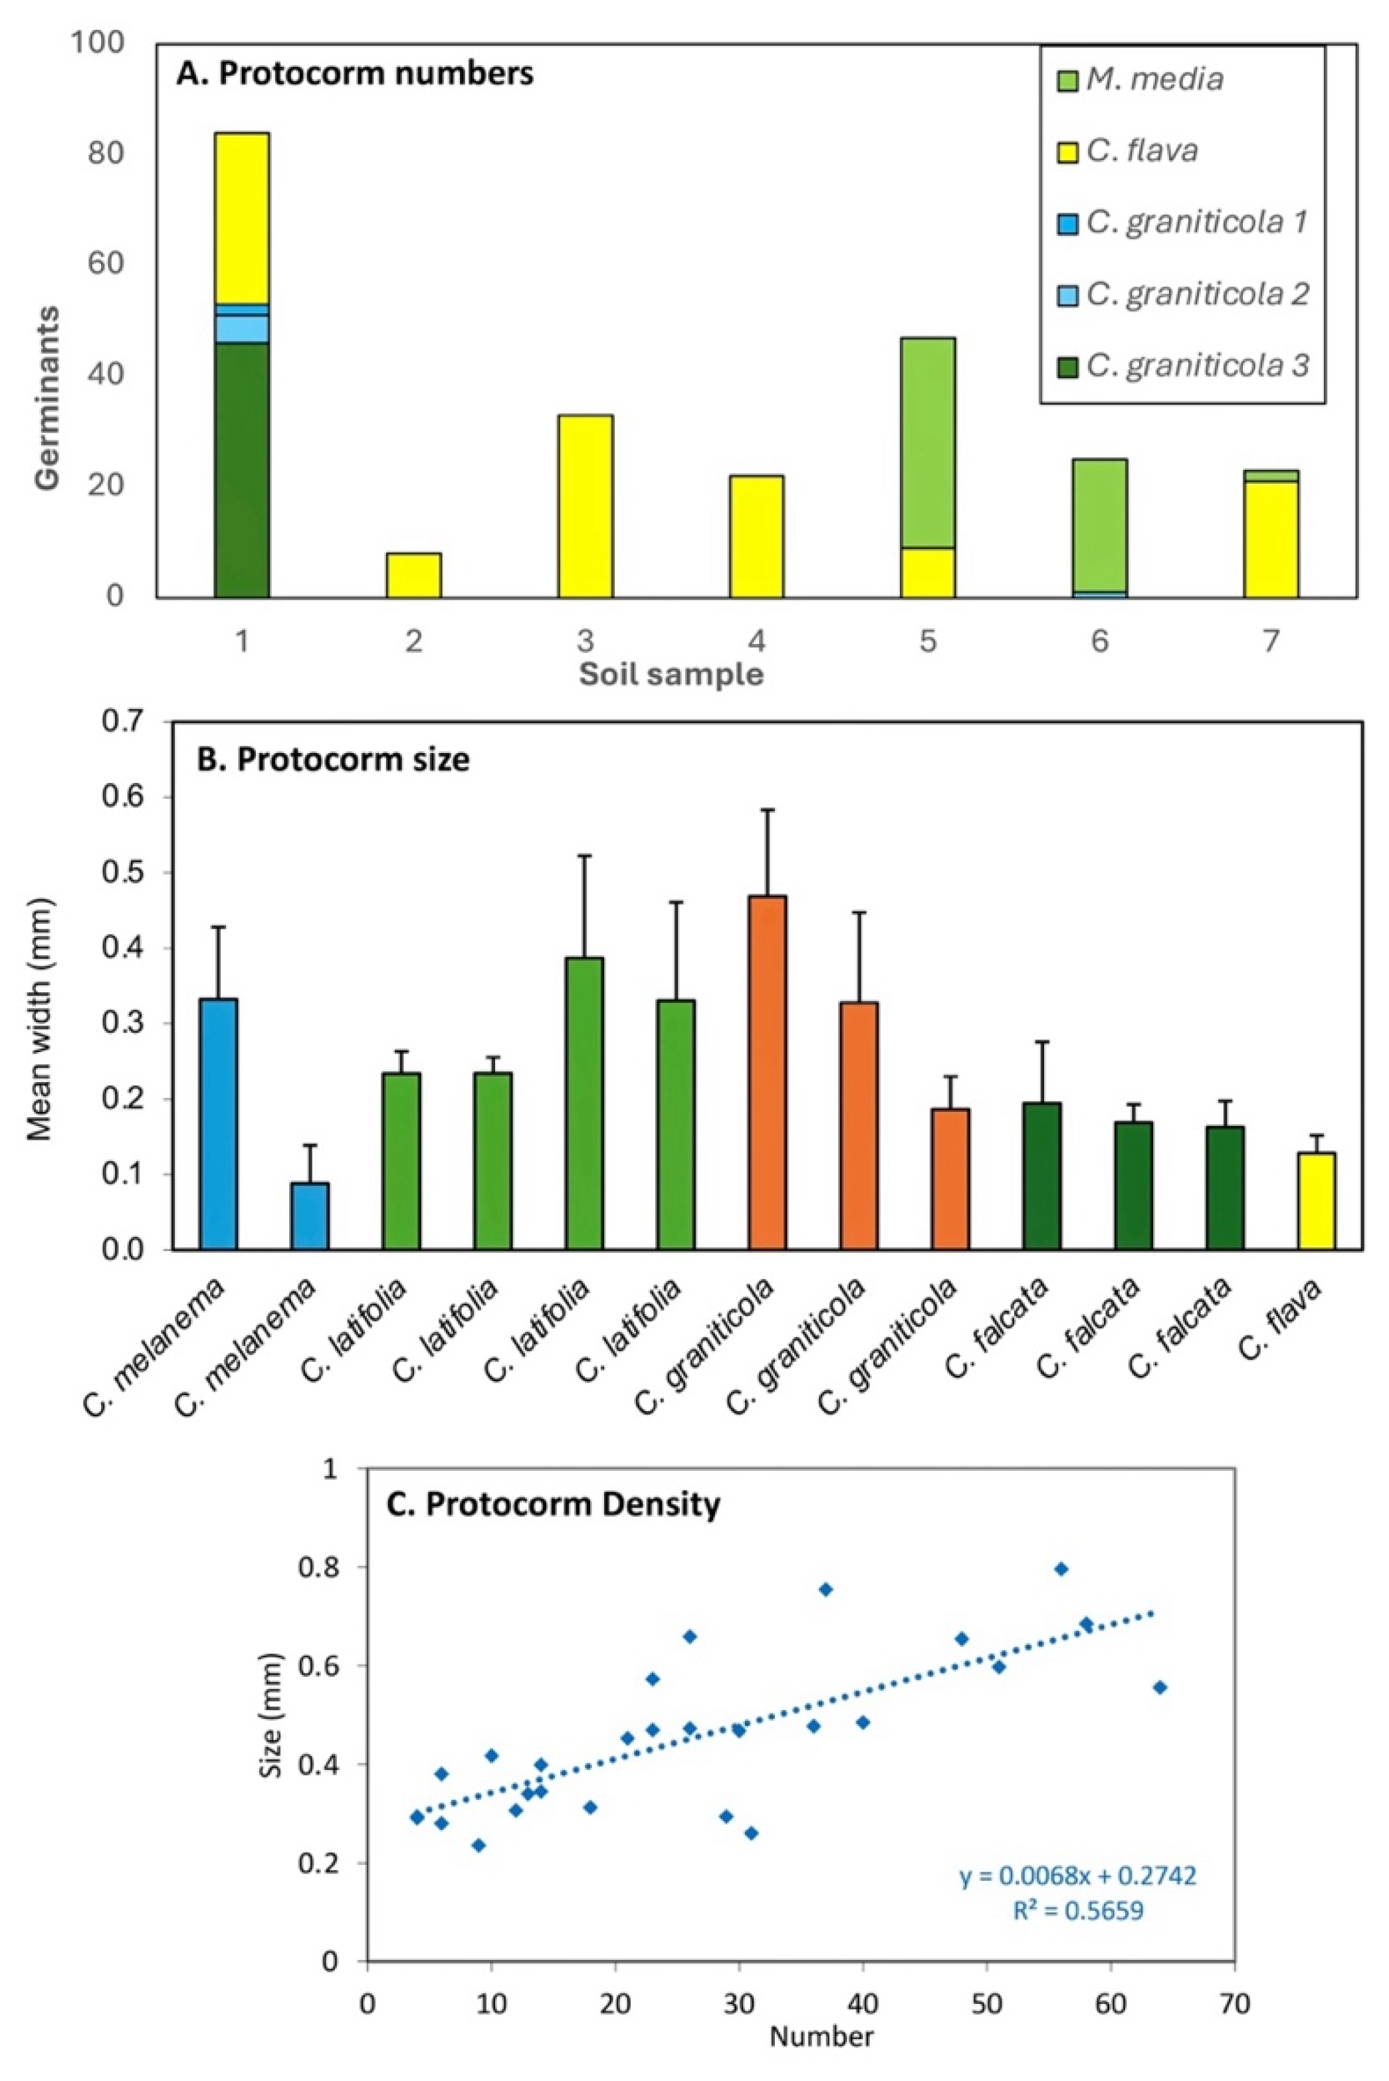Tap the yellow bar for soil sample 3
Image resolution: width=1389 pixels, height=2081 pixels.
click(586, 505)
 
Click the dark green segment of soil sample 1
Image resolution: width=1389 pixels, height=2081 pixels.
click(242, 469)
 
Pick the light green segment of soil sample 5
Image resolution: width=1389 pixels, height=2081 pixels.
click(928, 442)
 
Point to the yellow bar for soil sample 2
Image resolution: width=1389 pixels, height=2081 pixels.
click(413, 575)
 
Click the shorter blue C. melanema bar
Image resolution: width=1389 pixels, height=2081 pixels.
click(310, 1216)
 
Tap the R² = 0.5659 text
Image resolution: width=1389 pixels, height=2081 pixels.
click(1078, 1910)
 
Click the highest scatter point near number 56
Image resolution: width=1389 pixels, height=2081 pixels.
click(1061, 1570)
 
